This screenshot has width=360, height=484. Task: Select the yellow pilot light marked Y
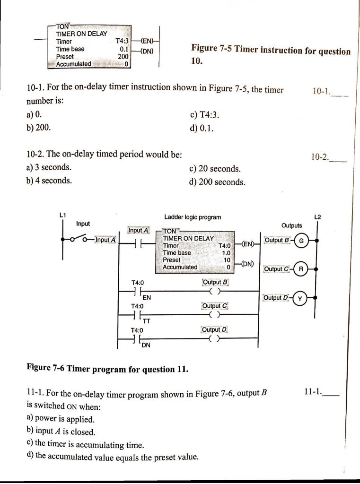[300, 298]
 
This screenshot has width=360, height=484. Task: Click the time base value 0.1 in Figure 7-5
[124, 49]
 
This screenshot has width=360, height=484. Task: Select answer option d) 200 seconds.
[217, 182]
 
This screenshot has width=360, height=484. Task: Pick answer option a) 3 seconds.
[49, 167]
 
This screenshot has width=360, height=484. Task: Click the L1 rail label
[62, 216]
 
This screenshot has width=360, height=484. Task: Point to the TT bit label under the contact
[147, 321]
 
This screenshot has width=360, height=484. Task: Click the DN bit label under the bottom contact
[146, 345]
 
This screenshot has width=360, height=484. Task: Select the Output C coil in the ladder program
[215, 314]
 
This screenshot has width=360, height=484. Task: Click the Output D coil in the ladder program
[215, 338]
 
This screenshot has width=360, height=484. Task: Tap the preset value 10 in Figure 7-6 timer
[227, 260]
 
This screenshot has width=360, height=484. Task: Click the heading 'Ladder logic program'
[192, 217]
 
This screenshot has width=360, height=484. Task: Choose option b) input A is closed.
[61, 432]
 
